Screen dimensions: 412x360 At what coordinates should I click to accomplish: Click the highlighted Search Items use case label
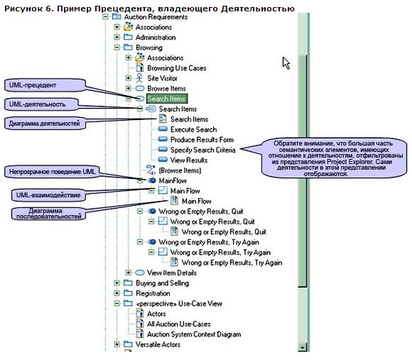point(167,99)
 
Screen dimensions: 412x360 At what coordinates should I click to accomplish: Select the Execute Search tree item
point(193,129)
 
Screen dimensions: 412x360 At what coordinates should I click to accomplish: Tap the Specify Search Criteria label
point(202,150)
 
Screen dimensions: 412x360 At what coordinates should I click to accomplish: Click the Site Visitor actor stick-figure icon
point(139,78)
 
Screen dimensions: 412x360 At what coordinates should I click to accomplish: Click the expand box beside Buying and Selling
point(117,283)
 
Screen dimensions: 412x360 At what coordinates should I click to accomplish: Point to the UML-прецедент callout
point(45,85)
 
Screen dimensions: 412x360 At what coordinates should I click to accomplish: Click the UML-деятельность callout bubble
point(41,104)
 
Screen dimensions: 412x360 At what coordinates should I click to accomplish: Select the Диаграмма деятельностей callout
point(45,123)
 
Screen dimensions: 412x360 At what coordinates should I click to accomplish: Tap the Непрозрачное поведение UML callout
point(52,172)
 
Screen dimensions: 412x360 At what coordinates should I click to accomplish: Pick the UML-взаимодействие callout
point(48,195)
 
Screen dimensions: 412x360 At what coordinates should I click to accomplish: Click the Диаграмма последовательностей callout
point(48,214)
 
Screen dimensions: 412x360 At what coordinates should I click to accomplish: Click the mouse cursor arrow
point(286,63)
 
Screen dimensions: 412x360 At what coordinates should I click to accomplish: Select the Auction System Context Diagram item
point(194,334)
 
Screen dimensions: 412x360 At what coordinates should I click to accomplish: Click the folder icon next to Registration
point(128,293)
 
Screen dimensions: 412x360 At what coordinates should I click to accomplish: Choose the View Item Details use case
point(172,273)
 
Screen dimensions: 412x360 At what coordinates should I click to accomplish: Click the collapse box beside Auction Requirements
point(105,17)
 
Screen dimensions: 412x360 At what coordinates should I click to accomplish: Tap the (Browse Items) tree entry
point(180,170)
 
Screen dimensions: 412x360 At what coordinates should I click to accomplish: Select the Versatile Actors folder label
point(158,344)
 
